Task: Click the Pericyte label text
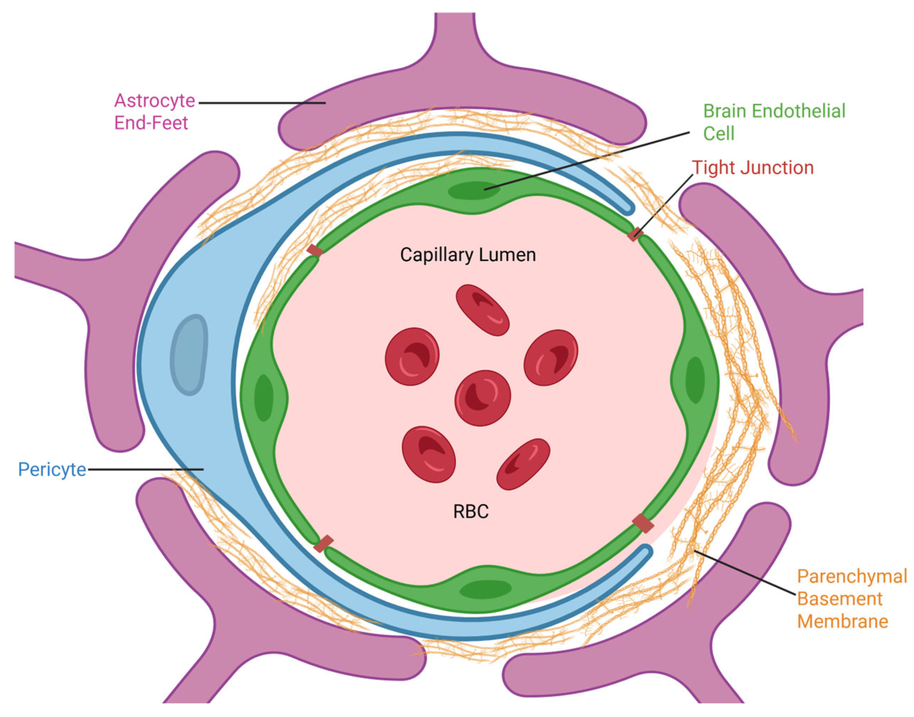tap(52, 469)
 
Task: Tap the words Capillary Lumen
tap(468, 255)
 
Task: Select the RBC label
tap(471, 512)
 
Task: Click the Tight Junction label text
tap(753, 168)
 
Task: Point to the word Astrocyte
tap(154, 101)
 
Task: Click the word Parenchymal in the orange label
tap(852, 577)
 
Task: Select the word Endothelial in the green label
tap(798, 111)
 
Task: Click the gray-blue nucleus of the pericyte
tap(189, 355)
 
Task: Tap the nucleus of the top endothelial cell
tap(474, 191)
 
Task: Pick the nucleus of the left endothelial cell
tap(264, 397)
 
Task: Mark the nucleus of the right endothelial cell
tap(695, 380)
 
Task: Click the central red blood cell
tap(482, 397)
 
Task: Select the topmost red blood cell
tap(482, 310)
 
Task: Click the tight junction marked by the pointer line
tap(635, 234)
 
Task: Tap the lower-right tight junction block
tap(643, 523)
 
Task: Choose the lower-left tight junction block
tap(323, 544)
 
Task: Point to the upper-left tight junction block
tap(314, 251)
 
